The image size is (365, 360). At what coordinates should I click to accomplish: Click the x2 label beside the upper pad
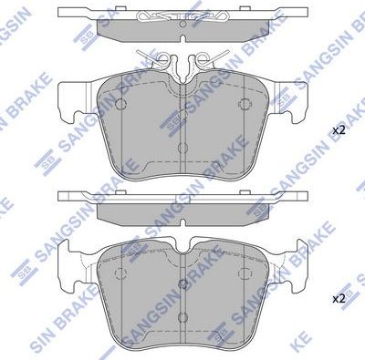[x=339, y=130]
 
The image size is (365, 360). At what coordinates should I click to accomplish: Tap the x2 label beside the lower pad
[x=339, y=298]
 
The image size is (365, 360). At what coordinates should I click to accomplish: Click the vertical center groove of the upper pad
[x=183, y=150]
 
